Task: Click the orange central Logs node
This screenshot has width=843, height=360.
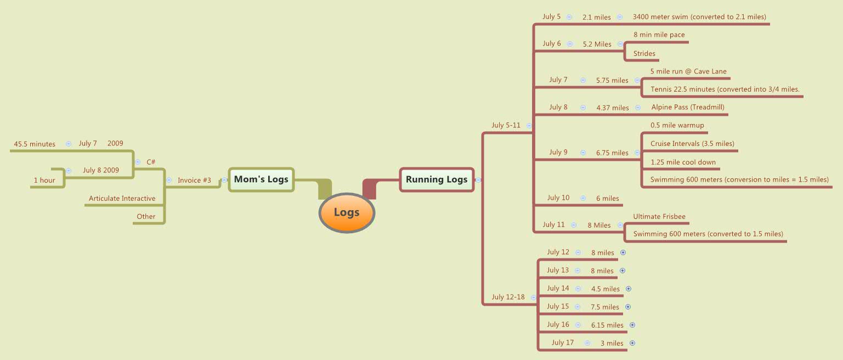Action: point(346,213)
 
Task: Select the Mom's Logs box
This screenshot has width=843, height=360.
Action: point(261,179)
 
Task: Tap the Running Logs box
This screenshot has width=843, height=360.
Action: point(437,179)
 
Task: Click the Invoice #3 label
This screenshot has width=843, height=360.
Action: point(194,180)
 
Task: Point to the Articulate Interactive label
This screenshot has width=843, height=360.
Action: point(122,199)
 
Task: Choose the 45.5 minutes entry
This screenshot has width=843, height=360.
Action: point(35,144)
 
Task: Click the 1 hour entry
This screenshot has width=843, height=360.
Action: point(44,181)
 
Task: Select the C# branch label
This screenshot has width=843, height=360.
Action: point(151,162)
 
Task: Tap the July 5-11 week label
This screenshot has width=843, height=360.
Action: point(506,125)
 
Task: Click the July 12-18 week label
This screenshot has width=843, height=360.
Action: point(508,297)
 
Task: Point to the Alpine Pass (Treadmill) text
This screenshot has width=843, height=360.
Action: point(688,108)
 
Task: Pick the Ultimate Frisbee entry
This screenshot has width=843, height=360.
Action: point(659,217)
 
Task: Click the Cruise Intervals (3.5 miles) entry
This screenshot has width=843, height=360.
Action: point(692,144)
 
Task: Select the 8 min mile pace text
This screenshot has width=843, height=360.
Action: point(659,35)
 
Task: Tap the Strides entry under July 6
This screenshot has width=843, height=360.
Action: point(644,54)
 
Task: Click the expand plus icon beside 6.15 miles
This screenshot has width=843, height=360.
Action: point(632,325)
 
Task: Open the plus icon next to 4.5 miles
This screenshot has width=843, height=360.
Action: point(629,289)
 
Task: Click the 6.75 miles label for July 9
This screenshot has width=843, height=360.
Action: point(612,153)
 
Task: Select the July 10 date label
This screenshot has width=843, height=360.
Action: point(558,198)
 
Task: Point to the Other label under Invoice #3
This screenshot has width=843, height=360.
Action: point(146,217)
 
